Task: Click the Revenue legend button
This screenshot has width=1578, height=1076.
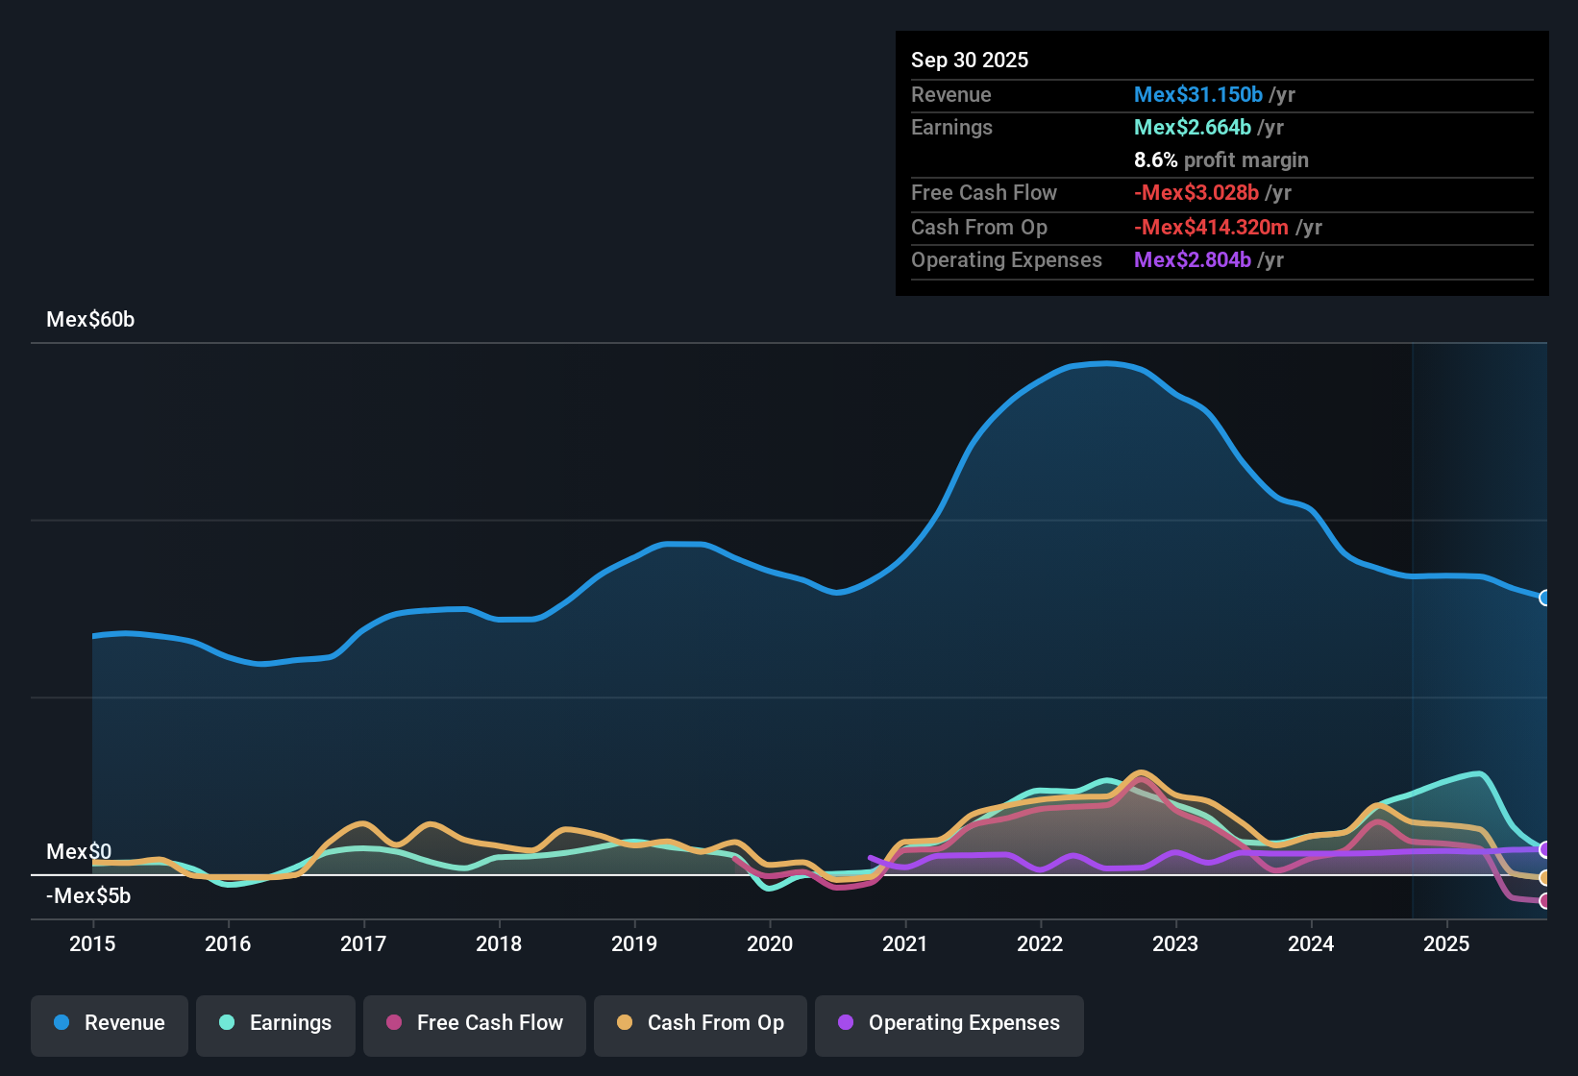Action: click(x=110, y=1023)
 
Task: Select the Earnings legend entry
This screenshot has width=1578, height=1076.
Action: click(x=276, y=1023)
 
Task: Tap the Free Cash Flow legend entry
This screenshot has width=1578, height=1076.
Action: click(x=475, y=1023)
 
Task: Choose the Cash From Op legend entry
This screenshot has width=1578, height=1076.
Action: click(x=701, y=1023)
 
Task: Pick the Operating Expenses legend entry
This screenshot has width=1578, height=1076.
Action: click(x=949, y=1023)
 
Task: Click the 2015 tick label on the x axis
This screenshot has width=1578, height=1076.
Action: click(x=92, y=943)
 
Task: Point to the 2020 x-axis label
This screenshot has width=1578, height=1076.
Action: click(x=770, y=943)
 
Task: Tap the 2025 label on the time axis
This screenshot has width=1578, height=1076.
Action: click(x=1446, y=943)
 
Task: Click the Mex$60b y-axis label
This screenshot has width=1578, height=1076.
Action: click(x=90, y=320)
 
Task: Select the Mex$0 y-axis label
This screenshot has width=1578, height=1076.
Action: click(x=79, y=851)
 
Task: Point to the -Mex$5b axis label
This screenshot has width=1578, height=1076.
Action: click(x=88, y=895)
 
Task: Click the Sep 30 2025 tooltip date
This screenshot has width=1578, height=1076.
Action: click(x=970, y=60)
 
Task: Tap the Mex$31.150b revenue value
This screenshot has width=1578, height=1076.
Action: click(x=1197, y=94)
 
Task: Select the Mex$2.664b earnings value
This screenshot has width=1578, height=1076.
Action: click(x=1192, y=127)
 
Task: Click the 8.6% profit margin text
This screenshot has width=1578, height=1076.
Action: click(x=1220, y=159)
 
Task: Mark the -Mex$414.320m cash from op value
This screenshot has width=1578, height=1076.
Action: click(x=1211, y=227)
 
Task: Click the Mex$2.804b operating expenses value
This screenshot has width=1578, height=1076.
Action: click(x=1192, y=259)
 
